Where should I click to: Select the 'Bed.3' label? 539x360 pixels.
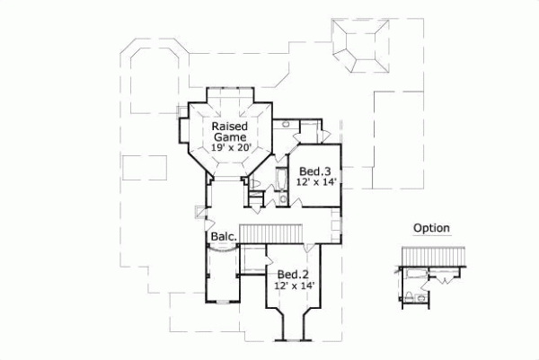(x=315, y=171)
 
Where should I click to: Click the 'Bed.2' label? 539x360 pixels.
(x=294, y=274)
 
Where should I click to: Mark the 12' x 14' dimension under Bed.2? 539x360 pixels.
(x=294, y=285)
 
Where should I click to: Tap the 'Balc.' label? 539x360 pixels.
(x=223, y=237)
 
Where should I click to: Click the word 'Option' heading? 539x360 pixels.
(x=431, y=228)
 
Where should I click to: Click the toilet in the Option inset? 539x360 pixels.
(x=410, y=295)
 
